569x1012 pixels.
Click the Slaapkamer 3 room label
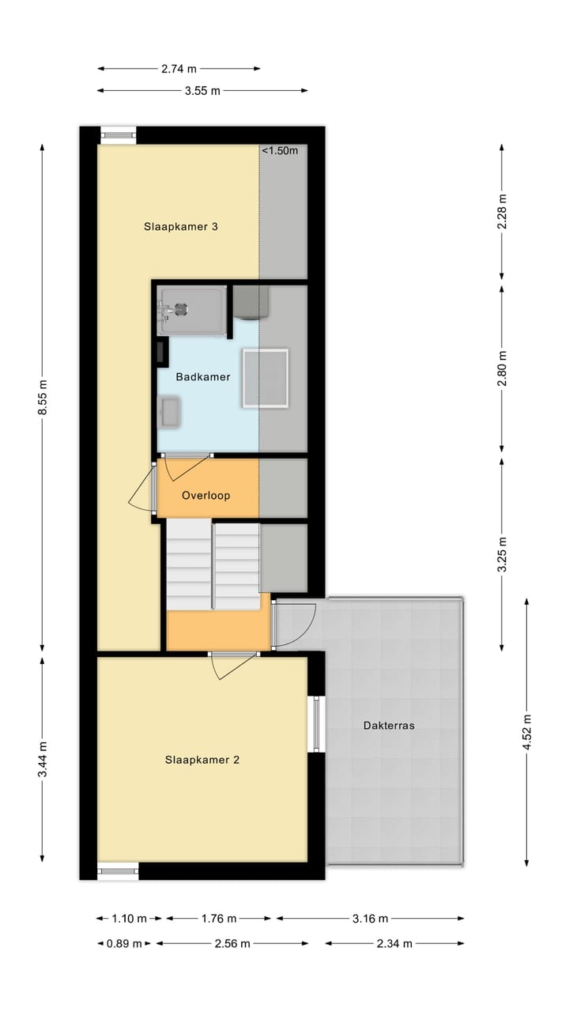(180, 227)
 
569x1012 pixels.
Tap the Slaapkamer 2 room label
(202, 760)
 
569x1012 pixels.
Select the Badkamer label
(203, 377)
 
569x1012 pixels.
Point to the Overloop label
(205, 496)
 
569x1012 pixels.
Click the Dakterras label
(389, 725)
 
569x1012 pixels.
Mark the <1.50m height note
(280, 151)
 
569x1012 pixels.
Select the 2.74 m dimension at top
(179, 69)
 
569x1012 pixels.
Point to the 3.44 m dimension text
(43, 759)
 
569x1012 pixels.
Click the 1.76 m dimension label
(219, 919)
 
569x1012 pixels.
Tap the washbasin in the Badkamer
(170, 412)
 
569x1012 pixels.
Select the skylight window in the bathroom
(266, 378)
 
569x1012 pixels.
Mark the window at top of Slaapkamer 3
(118, 135)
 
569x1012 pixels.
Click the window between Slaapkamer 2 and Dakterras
(316, 723)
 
